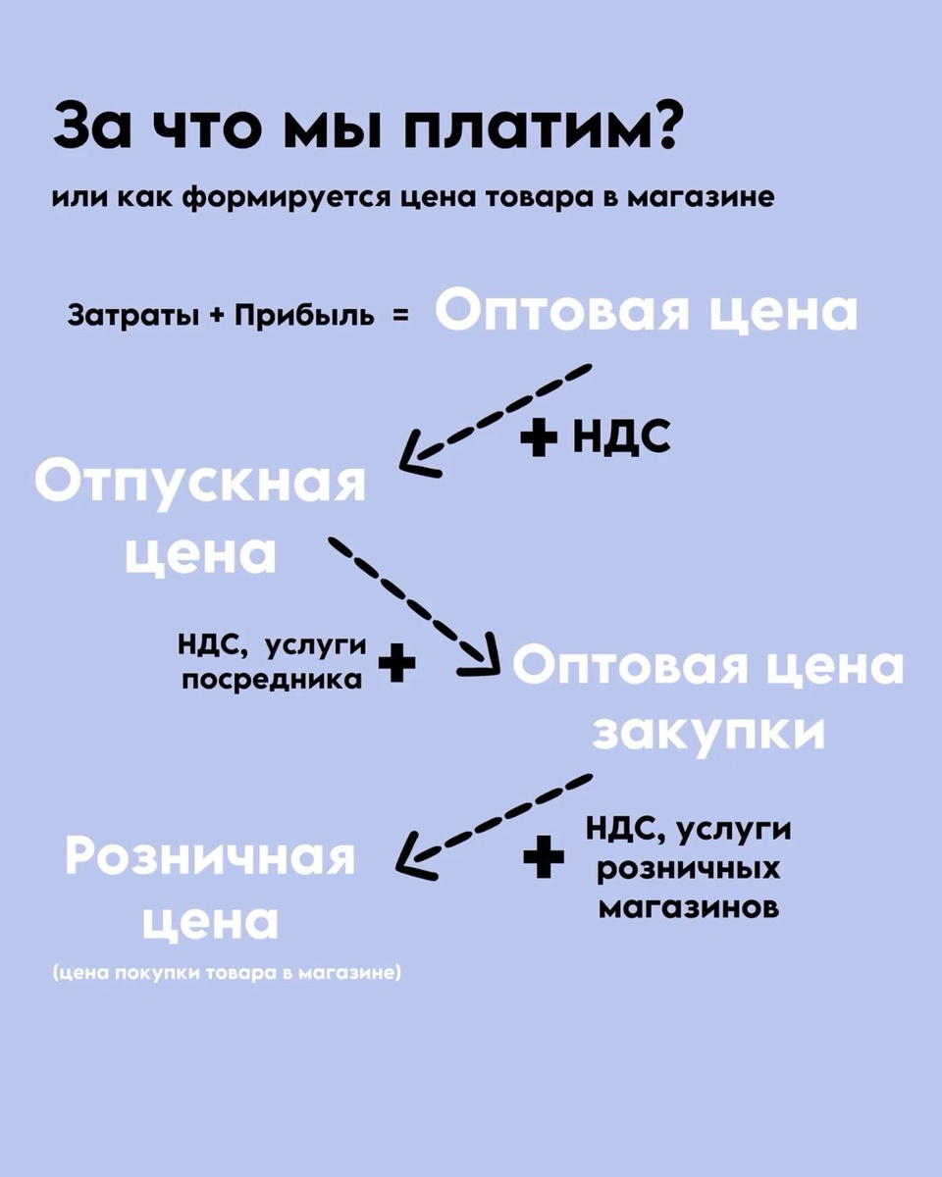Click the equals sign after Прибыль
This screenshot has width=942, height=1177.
tap(401, 317)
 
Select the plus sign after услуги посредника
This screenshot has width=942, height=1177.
tap(396, 663)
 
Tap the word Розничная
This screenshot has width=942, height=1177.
tap(210, 856)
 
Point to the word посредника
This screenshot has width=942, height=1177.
tap(272, 679)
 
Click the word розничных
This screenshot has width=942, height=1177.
tap(689, 868)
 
